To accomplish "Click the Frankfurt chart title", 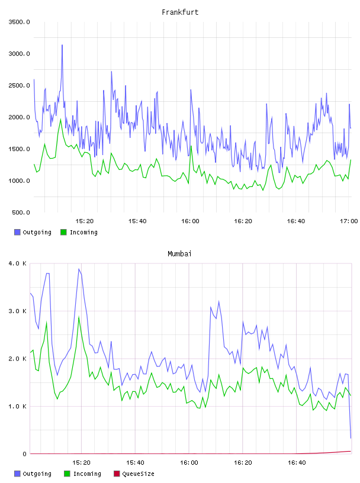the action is click(x=180, y=12).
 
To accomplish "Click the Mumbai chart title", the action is click(x=179, y=254).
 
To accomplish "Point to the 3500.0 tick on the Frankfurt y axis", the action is click(x=19, y=22).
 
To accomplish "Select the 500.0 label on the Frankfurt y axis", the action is click(x=21, y=212).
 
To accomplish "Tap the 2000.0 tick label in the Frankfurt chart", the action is click(x=19, y=117).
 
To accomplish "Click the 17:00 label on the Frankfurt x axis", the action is click(x=349, y=221).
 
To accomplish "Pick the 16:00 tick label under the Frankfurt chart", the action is click(x=190, y=221).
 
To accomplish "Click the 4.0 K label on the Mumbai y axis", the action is click(x=18, y=263).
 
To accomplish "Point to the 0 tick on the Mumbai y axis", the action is click(x=24, y=454).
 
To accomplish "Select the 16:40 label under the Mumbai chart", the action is click(x=297, y=463).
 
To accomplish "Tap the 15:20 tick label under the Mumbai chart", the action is click(x=81, y=463).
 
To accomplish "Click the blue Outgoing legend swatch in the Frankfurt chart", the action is click(x=17, y=232).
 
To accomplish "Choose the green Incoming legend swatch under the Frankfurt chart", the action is click(x=63, y=232).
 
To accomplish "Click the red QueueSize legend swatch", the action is click(x=117, y=474).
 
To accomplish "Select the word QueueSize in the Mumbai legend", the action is click(x=138, y=474).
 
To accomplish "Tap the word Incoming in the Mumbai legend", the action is click(x=87, y=474).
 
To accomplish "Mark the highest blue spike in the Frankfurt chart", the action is click(x=62, y=45).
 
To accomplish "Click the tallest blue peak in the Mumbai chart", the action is click(x=79, y=269).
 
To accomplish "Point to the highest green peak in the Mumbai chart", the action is click(x=79, y=316).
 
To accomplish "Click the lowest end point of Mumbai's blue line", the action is click(x=351, y=438).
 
